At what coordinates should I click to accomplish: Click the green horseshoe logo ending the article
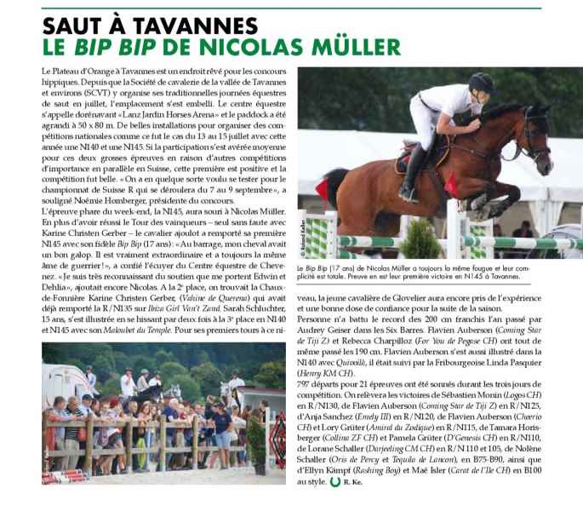point(334,482)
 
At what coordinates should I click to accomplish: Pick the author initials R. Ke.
point(352,483)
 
